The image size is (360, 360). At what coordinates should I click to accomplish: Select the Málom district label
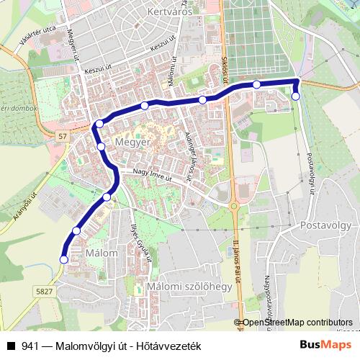point(101,253)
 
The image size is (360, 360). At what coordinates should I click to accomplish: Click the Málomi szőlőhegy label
point(188,287)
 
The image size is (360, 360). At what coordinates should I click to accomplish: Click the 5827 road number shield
point(44,291)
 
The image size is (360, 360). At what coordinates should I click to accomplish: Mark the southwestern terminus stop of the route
point(63,259)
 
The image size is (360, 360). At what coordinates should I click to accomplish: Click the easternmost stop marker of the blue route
point(295,96)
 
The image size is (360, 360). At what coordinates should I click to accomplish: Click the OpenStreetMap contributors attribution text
point(297,323)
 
